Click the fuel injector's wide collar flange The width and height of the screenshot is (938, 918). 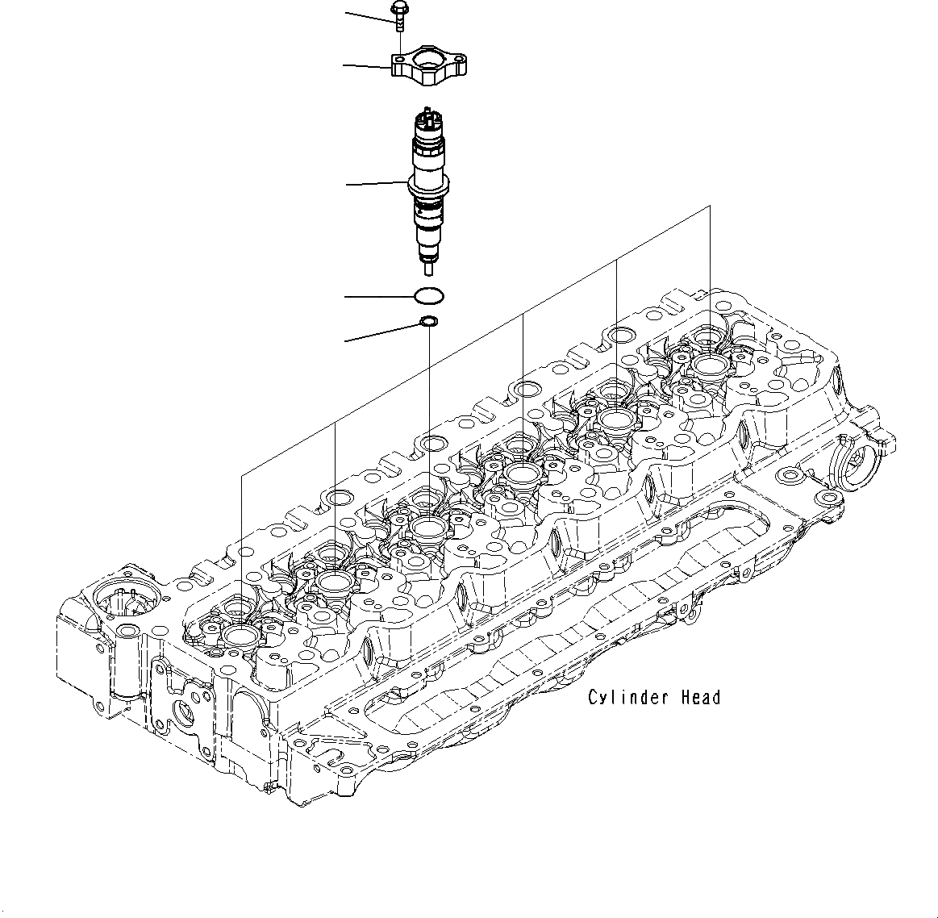pos(427,187)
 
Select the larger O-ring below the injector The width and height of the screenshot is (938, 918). pos(427,296)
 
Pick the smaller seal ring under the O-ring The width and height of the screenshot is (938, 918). pos(428,323)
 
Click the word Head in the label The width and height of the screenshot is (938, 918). pos(700,698)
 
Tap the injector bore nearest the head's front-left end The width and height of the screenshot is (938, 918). pos(241,636)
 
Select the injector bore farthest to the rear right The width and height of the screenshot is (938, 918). pos(709,365)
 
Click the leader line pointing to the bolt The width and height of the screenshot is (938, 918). pos(367,13)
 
